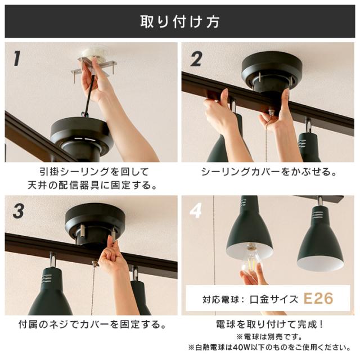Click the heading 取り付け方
coord(180,22)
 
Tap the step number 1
coord(17,58)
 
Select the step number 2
coord(196,58)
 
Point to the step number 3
coord(19,211)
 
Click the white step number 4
coord(196,210)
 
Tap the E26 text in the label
coord(318,298)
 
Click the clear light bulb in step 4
coord(251,259)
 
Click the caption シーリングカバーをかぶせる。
coord(269,172)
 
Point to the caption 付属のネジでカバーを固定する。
coord(92,325)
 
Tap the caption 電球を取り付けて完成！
coord(269,325)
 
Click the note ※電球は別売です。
coord(269,337)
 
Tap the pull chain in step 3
coord(93,289)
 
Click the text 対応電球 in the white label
coord(220,299)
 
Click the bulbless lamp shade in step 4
coord(321,238)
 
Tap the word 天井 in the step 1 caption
coord(37,185)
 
